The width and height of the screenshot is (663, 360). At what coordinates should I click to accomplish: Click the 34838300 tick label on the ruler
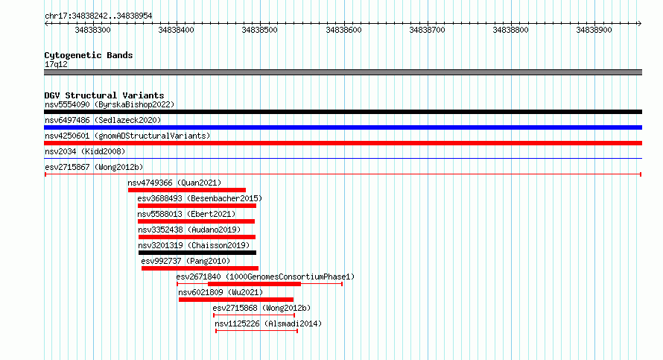[x=92, y=30]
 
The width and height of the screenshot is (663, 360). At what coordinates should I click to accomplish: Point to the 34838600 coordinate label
[x=343, y=30]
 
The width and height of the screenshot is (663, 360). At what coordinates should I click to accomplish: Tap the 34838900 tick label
[x=594, y=30]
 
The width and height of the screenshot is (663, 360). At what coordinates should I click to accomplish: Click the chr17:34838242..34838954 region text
[x=98, y=16]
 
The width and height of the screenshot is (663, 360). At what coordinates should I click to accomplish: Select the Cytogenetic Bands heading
[x=89, y=55]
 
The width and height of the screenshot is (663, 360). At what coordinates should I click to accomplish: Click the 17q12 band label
[x=56, y=65]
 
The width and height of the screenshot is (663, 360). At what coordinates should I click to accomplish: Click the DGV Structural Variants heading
[x=104, y=95]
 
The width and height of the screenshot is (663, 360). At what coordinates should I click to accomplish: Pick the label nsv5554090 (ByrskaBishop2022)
[x=110, y=104]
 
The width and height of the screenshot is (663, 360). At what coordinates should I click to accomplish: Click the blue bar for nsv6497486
[x=343, y=127]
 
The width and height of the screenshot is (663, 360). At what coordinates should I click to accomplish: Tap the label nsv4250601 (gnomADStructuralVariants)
[x=127, y=136]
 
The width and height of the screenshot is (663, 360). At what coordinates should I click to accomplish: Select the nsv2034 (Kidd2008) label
[x=85, y=151]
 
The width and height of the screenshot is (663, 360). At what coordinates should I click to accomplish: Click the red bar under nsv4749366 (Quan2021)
[x=187, y=190]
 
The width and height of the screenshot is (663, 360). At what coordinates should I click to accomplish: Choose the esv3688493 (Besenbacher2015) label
[x=200, y=198]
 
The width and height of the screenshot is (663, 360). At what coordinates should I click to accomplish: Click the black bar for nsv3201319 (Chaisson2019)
[x=197, y=253]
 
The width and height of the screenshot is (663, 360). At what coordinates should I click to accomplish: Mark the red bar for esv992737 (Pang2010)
[x=200, y=268]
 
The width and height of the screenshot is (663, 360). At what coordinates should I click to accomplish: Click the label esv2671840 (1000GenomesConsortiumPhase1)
[x=265, y=277]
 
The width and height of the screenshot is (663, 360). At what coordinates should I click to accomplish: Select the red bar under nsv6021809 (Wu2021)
[x=236, y=300]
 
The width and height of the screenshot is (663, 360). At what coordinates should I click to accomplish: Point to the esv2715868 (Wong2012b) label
[x=261, y=308]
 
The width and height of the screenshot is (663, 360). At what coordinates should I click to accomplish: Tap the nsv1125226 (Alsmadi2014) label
[x=268, y=323]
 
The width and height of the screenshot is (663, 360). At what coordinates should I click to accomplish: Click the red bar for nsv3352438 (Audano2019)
[x=197, y=237]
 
